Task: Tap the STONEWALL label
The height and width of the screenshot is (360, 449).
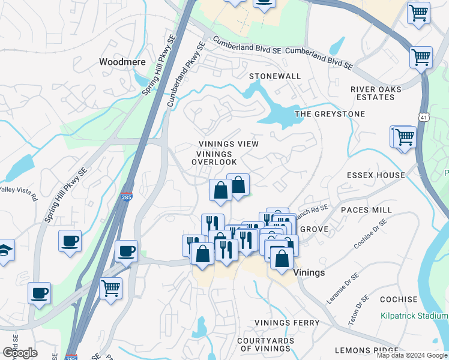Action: coord(274,76)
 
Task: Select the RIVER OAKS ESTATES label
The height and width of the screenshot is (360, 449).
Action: coord(376,93)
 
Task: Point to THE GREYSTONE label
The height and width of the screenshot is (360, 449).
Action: coord(330,113)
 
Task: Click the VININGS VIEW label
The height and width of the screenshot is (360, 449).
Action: coord(229,144)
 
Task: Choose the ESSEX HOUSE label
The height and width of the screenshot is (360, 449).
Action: coord(376,175)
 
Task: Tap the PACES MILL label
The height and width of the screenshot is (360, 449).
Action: coord(366,210)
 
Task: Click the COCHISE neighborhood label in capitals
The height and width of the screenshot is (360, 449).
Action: coord(399,299)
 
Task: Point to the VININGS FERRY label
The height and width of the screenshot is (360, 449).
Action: coord(287,323)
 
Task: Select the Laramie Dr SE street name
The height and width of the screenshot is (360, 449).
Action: coord(343,288)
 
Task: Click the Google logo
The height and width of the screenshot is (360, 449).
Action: coord(20,352)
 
